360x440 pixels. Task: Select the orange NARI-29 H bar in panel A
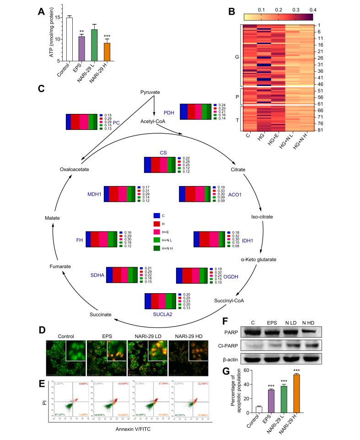[x=107, y=52]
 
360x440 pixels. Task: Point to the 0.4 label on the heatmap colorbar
[x=313, y=9]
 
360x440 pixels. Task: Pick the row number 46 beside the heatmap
[x=319, y=85]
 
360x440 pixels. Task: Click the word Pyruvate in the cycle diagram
[x=149, y=92]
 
